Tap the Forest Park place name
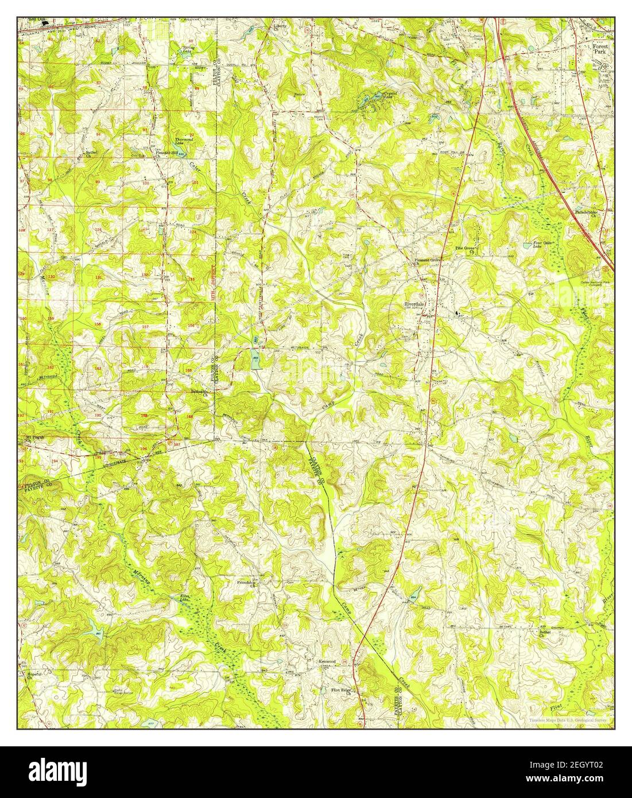pyautogui.click(x=603, y=47)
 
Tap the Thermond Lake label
pyautogui.click(x=184, y=140)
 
